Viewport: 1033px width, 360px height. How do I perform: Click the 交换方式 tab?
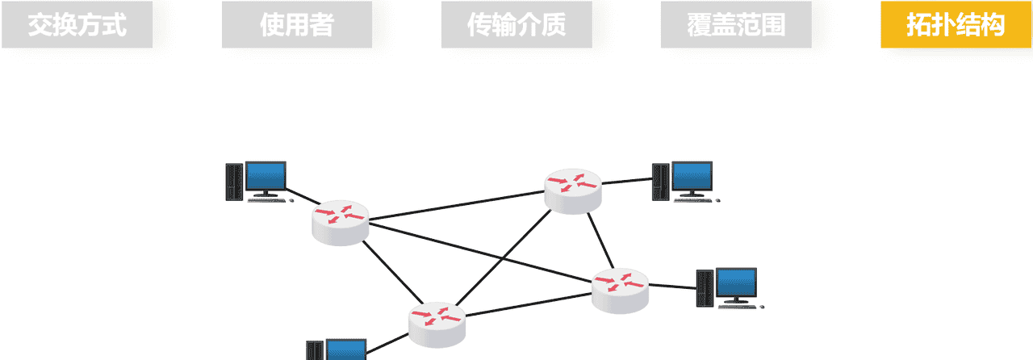[x=77, y=25]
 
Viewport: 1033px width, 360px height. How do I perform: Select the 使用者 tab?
[x=296, y=25]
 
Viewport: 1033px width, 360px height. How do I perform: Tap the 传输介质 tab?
[x=516, y=25]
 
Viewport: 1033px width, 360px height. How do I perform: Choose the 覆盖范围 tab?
[x=736, y=25]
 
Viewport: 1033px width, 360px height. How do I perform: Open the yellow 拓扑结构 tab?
[x=956, y=25]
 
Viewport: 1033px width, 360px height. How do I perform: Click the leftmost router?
[x=340, y=223]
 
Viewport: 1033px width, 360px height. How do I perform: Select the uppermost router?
[x=573, y=190]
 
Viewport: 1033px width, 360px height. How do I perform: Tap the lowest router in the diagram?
[x=436, y=324]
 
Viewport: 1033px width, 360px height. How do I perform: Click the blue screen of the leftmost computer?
[x=266, y=175]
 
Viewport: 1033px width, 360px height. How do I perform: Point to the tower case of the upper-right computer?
[x=661, y=182]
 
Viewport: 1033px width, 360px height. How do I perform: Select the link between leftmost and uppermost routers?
[x=456, y=206]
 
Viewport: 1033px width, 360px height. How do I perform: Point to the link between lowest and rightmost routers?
[x=529, y=306]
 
